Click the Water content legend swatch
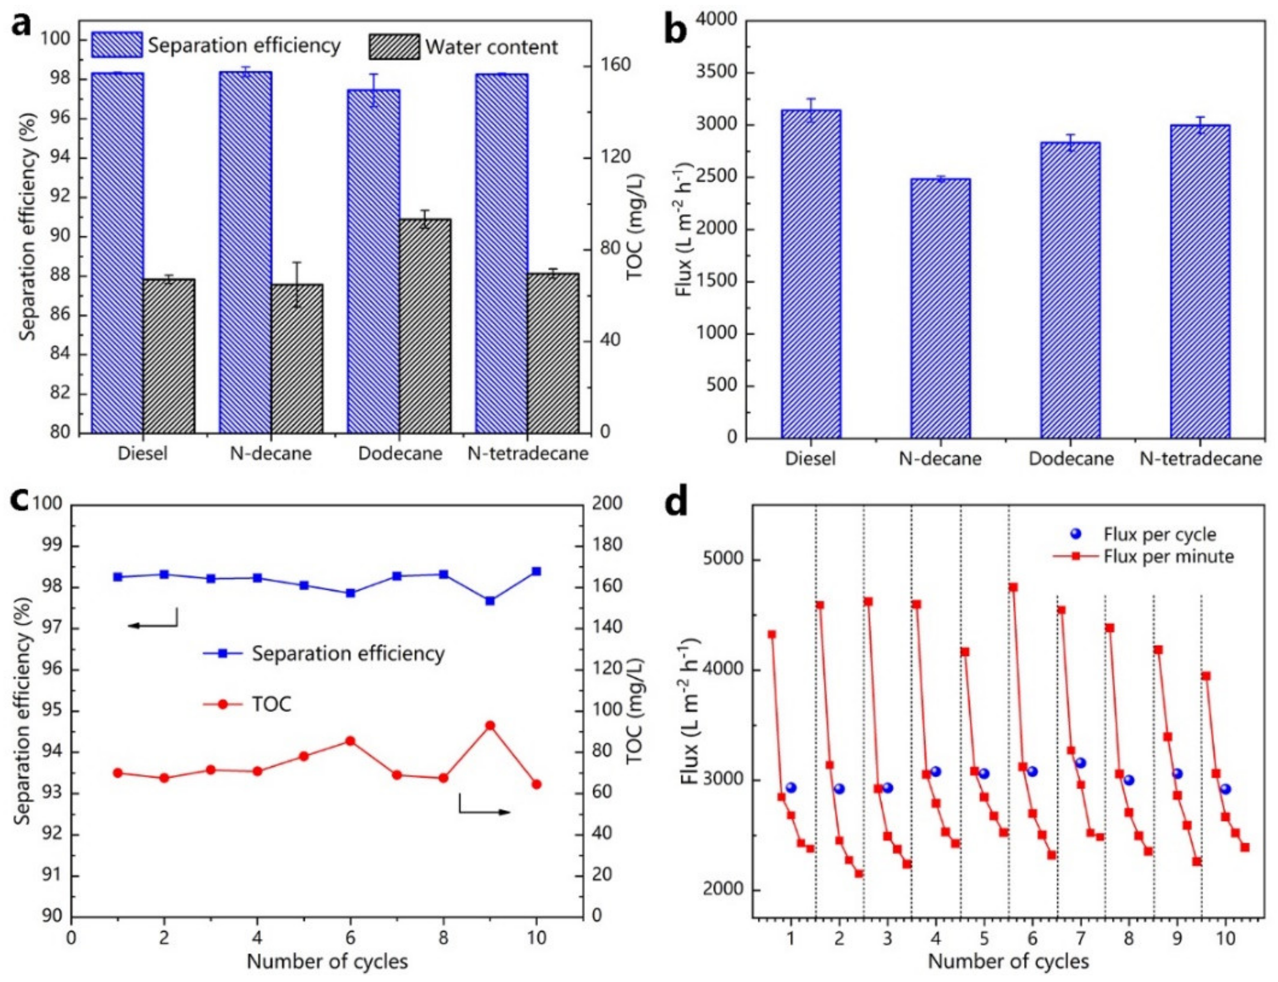393,47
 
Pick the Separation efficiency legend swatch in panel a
116,45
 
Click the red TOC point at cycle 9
490,725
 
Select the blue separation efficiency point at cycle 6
350,593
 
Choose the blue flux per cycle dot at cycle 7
1080,763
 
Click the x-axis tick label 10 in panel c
536,938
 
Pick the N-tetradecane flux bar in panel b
1200,281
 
